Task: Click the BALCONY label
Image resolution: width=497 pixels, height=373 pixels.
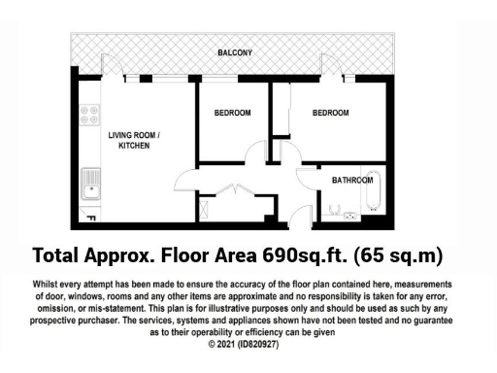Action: pos(235,52)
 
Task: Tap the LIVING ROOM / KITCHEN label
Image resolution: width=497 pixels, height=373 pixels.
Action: pos(134,140)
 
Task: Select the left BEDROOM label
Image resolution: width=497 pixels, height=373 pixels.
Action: pos(232,113)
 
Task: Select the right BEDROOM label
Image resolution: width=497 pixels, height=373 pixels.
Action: pos(330,113)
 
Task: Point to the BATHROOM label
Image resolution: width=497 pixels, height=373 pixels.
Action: pos(351,181)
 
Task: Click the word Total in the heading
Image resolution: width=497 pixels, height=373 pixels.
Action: pos(55,256)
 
